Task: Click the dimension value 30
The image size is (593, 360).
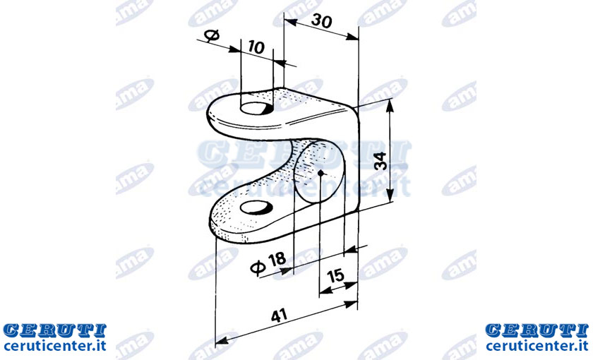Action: pyautogui.click(x=321, y=21)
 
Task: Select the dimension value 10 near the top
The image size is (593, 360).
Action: pyautogui.click(x=256, y=47)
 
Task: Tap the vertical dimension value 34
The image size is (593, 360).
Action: pyautogui.click(x=380, y=161)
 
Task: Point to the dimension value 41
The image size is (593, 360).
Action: pyautogui.click(x=279, y=316)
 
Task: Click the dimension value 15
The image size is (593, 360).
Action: pyautogui.click(x=335, y=276)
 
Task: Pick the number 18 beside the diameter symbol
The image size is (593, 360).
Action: pyautogui.click(x=277, y=260)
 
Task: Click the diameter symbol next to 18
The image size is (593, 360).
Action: pyautogui.click(x=258, y=268)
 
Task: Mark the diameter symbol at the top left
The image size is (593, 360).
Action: pyautogui.click(x=212, y=35)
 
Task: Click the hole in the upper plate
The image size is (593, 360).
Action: pyautogui.click(x=256, y=108)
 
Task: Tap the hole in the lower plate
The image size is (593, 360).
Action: pyautogui.click(x=256, y=208)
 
